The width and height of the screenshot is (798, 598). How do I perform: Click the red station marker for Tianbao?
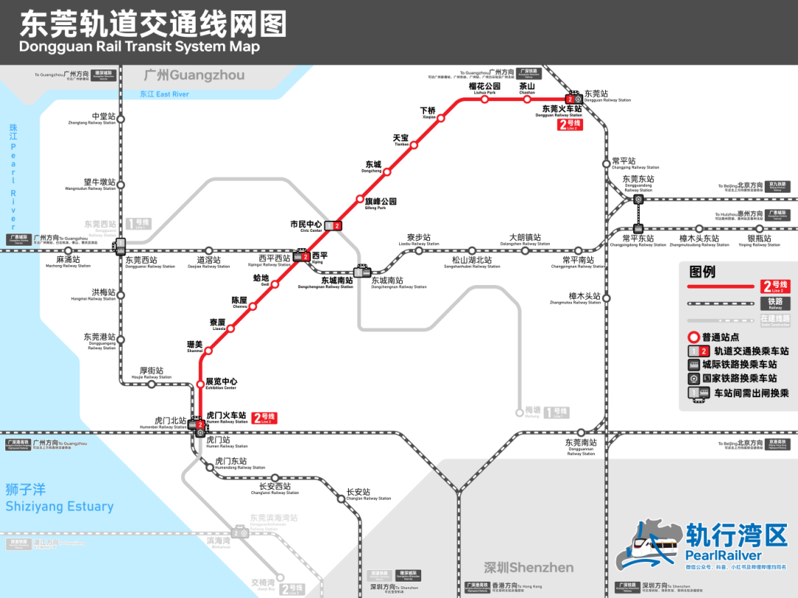(414, 145)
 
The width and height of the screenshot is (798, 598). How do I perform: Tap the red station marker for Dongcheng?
(386, 172)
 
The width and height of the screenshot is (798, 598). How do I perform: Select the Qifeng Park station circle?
(360, 199)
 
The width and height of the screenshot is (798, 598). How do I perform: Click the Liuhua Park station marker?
(485, 99)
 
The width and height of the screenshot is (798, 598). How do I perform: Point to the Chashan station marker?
(528, 99)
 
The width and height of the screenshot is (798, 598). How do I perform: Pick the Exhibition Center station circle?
(199, 383)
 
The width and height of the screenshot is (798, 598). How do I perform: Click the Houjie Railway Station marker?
(151, 384)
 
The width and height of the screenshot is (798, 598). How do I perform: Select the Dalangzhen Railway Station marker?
(525, 250)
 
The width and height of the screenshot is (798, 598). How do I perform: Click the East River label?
(164, 94)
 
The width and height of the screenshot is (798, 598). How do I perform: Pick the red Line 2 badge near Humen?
(265, 418)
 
